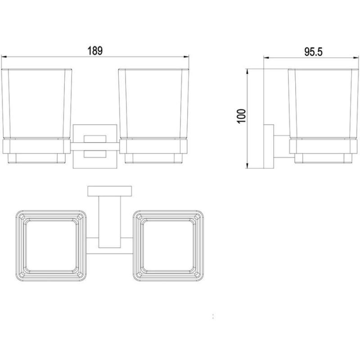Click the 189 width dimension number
pyautogui.click(x=95, y=51)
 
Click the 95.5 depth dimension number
pyautogui.click(x=313, y=52)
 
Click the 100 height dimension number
pyautogui.click(x=242, y=116)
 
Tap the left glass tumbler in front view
pyautogui.click(x=37, y=104)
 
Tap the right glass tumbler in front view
pyautogui.click(x=153, y=104)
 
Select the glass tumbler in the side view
pyautogui.click(x=323, y=104)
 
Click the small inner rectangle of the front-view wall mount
pyautogui.click(x=95, y=147)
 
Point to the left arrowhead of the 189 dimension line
pyautogui.click(x=4, y=56)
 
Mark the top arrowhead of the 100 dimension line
pyautogui.click(x=247, y=72)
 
